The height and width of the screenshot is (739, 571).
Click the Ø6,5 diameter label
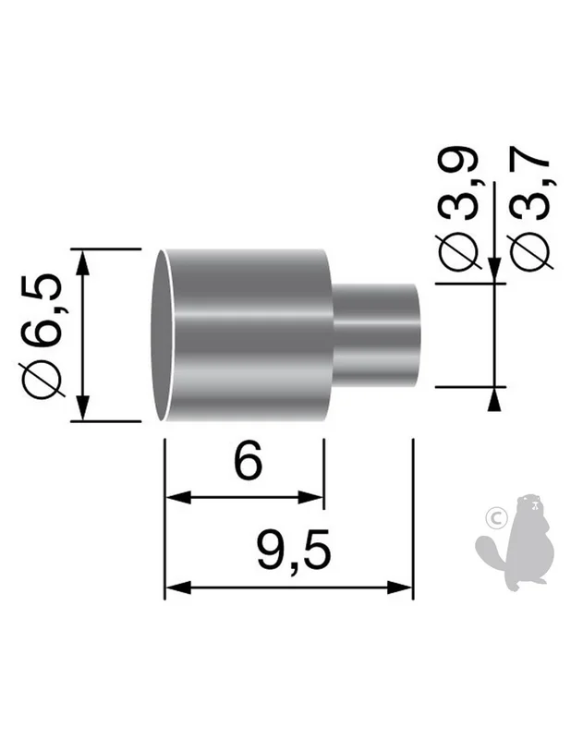[42, 335]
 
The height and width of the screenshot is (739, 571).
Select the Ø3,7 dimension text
[530, 212]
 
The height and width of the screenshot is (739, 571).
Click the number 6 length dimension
[248, 460]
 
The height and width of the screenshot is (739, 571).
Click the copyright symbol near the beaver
[495, 519]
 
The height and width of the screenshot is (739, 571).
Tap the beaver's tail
[492, 551]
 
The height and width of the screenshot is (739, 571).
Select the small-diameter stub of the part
[376, 335]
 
